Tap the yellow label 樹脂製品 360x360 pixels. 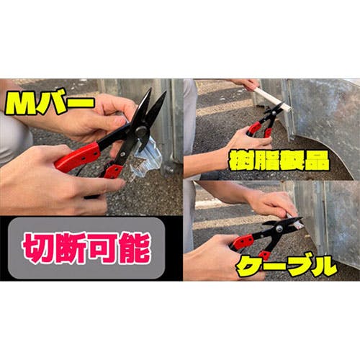tap(279, 161)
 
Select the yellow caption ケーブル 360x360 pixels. tap(286, 266)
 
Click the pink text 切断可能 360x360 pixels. tap(86, 248)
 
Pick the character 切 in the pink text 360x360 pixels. tap(38, 248)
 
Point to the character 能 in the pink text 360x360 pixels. tap(135, 248)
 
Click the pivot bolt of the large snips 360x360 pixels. tap(141, 131)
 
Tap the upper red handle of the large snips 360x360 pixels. tap(77, 157)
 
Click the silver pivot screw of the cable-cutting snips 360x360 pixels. tap(279, 228)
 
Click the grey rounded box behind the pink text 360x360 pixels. tap(86, 248)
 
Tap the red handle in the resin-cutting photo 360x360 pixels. tap(254, 128)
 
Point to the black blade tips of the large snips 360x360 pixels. tap(156, 96)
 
